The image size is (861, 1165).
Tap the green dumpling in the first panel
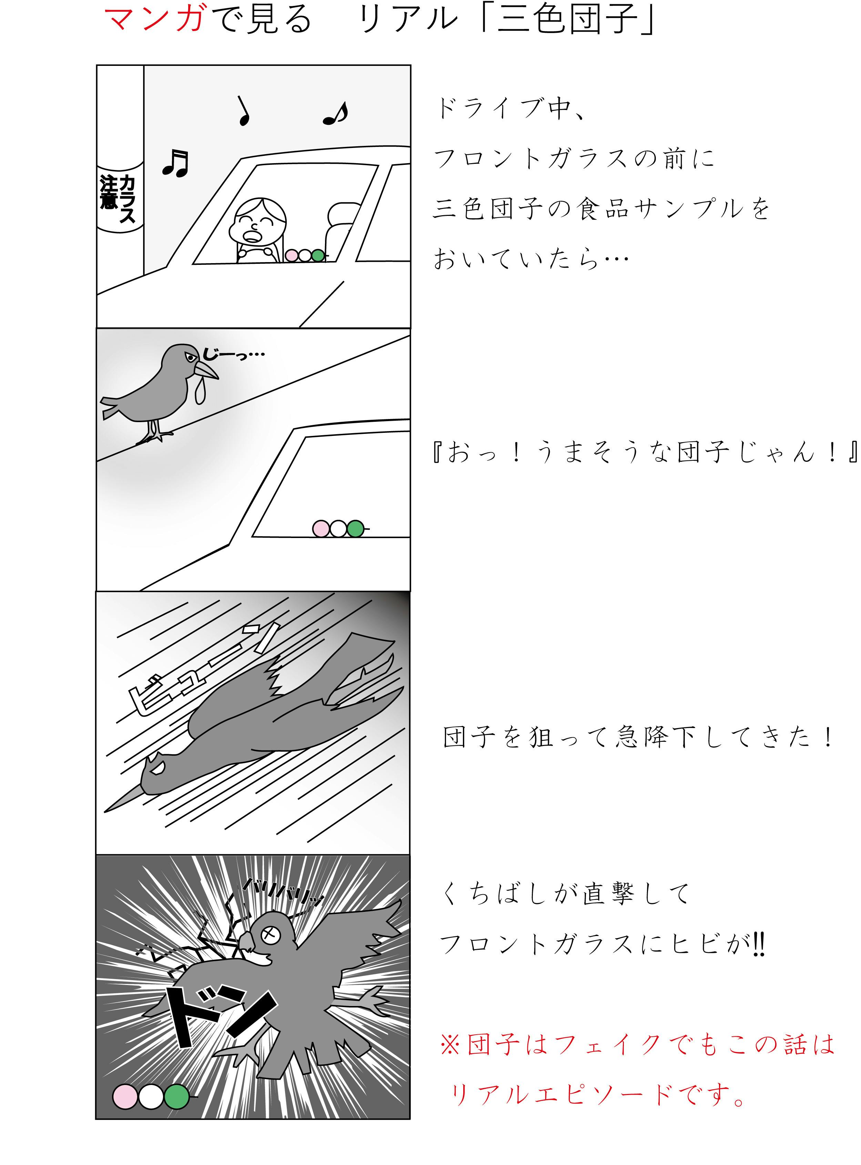pyautogui.click(x=317, y=256)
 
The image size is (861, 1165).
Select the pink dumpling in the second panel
pyautogui.click(x=321, y=529)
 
